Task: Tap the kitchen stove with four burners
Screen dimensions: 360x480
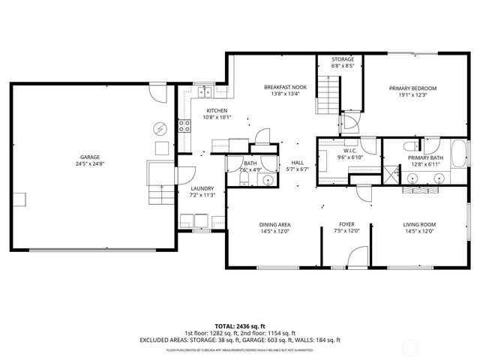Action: click(x=183, y=125)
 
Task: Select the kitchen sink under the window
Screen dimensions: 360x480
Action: click(x=203, y=92)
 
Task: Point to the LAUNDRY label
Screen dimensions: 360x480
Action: click(x=202, y=188)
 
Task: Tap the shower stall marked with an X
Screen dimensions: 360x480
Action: click(x=397, y=177)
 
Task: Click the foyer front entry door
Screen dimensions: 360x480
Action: click(x=358, y=258)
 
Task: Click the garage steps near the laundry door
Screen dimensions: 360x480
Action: click(x=159, y=196)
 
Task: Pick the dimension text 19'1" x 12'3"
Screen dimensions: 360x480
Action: click(x=412, y=95)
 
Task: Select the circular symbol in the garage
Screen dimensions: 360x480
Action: click(x=159, y=127)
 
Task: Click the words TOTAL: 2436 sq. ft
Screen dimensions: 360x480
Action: click(x=239, y=325)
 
